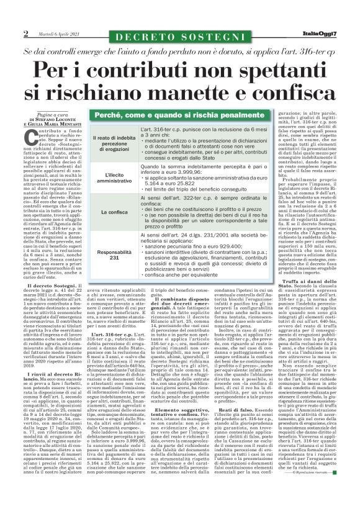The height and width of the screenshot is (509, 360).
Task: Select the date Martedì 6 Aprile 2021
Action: coord(56,34)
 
